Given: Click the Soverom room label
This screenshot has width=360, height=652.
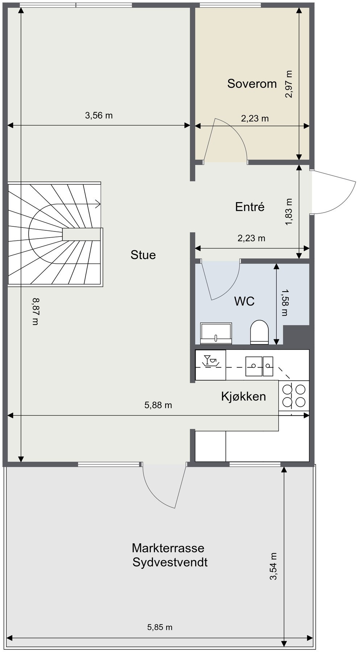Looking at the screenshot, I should (252, 84).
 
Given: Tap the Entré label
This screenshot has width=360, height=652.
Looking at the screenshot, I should (250, 207).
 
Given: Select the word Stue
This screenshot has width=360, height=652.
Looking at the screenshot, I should (143, 255).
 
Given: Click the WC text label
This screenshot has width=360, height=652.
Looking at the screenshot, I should (244, 301).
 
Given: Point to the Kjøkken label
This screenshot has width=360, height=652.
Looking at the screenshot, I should (243, 396).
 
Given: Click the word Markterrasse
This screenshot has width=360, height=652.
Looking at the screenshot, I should (168, 547).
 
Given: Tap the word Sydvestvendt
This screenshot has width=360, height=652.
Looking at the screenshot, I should (170, 563).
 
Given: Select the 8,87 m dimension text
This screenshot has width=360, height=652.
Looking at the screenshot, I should (35, 311).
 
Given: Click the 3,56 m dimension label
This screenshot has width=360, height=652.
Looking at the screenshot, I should (99, 116).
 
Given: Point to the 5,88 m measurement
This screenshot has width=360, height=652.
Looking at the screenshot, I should (158, 405).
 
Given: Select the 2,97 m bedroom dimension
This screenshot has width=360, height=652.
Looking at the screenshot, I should (289, 84).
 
